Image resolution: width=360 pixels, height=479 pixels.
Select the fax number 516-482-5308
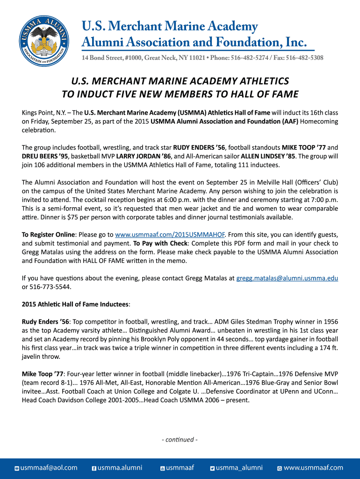pyautogui.click(x=304, y=58)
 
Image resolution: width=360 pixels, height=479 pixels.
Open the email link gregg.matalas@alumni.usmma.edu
pyautogui.click(x=287, y=278)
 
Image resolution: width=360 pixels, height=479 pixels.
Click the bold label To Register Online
pyautogui.click(x=49, y=234)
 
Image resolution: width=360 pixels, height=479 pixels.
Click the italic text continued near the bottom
pyautogui.click(x=180, y=440)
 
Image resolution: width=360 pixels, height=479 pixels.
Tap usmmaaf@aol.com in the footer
pyautogui.click(x=49, y=468)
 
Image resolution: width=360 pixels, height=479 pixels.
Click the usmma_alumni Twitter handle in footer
pyautogui.click(x=239, y=468)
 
